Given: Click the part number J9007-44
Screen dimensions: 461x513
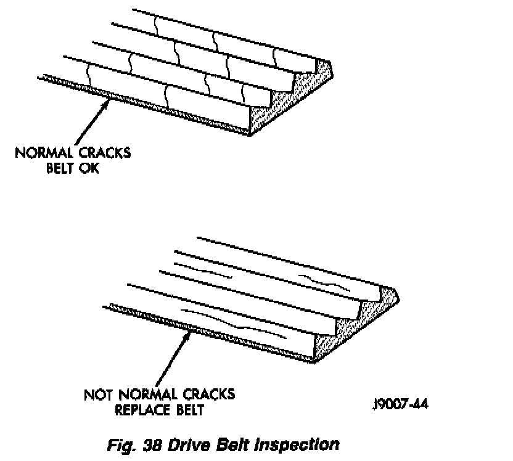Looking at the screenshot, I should [401, 404].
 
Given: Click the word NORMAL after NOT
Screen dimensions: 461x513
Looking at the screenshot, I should [146, 394].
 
